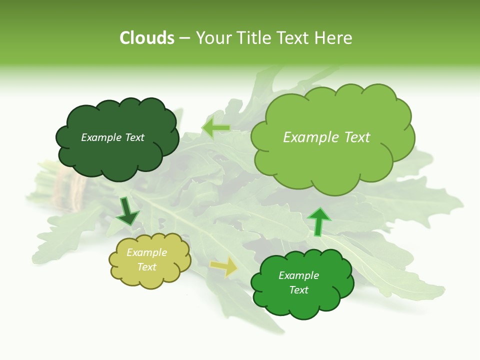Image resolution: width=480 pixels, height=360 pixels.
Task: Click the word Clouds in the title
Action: pyautogui.click(x=147, y=38)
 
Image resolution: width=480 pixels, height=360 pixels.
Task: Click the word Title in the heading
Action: pyautogui.click(x=253, y=38)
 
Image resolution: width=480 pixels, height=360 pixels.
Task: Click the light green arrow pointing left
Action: pyautogui.click(x=216, y=128)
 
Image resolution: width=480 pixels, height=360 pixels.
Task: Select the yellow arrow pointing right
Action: pyautogui.click(x=224, y=266)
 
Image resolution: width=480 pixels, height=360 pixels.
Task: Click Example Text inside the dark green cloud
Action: pyautogui.click(x=112, y=137)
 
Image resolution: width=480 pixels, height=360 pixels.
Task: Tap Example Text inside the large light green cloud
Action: pyautogui.click(x=326, y=137)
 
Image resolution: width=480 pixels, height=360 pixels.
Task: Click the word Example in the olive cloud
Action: pyautogui.click(x=146, y=252)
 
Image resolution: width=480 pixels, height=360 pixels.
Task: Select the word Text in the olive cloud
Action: pyautogui.click(x=146, y=267)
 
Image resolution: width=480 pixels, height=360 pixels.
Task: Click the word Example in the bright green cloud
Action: pyautogui.click(x=298, y=275)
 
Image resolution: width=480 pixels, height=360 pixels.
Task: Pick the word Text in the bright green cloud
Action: pyautogui.click(x=298, y=290)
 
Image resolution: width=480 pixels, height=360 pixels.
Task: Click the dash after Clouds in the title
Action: pyautogui.click(x=184, y=38)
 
